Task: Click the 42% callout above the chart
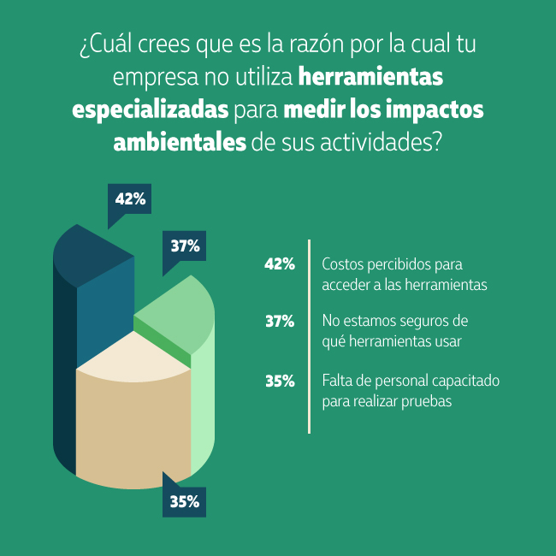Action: tap(130, 199)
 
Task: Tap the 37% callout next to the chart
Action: tap(185, 246)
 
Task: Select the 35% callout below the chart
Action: tap(184, 501)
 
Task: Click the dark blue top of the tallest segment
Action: tap(90, 252)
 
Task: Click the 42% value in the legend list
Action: tap(280, 264)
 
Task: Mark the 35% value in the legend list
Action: tap(280, 382)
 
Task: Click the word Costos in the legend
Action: tap(342, 264)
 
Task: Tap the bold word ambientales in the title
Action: tap(179, 141)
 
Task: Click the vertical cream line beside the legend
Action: tap(309, 336)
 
